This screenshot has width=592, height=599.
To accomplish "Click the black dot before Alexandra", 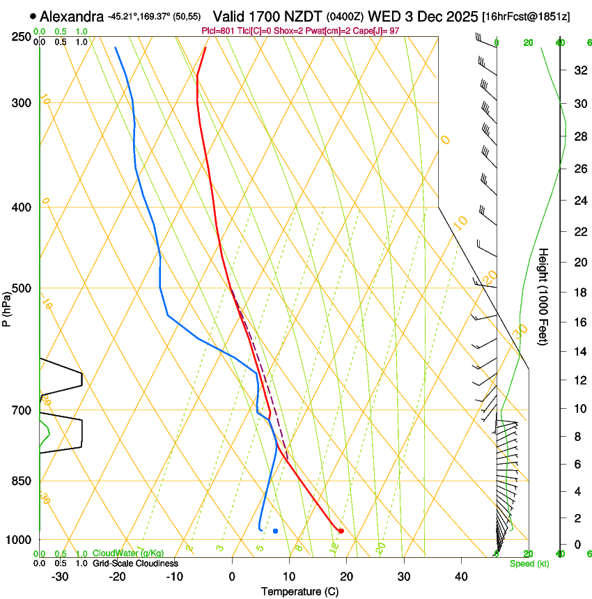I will [x=33, y=15].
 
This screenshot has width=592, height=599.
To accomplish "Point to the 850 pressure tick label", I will [x=23, y=481].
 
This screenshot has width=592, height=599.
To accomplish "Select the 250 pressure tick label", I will [x=23, y=36].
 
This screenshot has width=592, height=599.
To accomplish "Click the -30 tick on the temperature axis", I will [x=60, y=576].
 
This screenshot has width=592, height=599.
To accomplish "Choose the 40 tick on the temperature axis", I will [x=461, y=576].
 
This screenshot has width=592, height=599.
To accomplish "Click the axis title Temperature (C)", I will [x=299, y=591].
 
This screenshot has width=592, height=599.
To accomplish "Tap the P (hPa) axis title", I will [x=6, y=306].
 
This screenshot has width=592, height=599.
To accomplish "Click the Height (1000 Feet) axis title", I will [x=543, y=296].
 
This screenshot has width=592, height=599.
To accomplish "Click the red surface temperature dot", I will [x=341, y=531].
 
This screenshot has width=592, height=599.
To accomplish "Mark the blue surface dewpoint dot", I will [x=276, y=531].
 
